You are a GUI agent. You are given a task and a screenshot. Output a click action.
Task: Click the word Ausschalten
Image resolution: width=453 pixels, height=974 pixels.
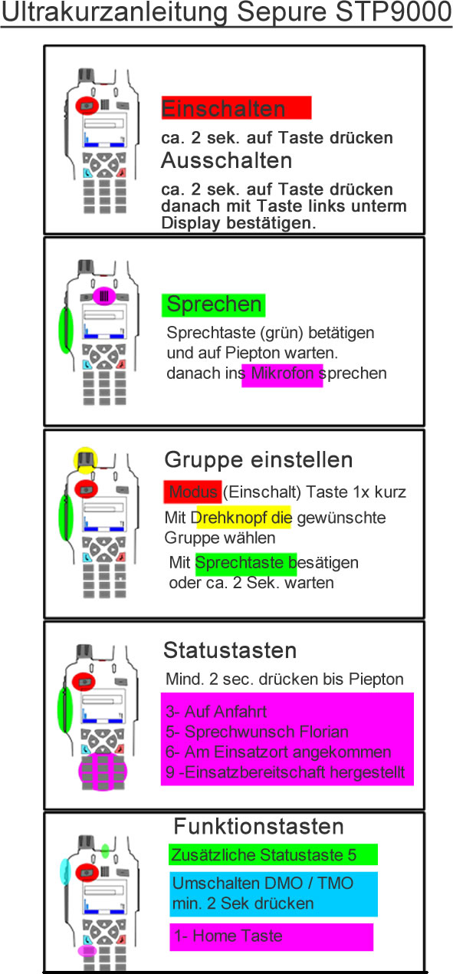[x=227, y=160]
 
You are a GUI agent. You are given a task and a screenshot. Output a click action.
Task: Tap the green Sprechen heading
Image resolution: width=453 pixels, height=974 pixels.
[x=213, y=304]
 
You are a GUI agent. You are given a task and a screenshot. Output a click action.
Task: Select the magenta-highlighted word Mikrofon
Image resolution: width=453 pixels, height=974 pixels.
[x=282, y=373]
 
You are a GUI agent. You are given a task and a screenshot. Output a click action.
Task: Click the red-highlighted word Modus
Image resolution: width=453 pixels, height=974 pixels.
[x=193, y=492]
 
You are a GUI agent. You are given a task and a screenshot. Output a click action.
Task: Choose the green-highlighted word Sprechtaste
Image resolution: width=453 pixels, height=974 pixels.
[x=241, y=563]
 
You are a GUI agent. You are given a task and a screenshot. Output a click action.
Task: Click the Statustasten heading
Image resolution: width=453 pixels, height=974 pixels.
[x=230, y=650]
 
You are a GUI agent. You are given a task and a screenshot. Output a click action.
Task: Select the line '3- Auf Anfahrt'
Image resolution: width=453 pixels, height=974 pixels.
[x=216, y=712]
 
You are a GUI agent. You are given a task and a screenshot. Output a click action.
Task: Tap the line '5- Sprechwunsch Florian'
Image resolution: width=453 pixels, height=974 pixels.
[x=257, y=732]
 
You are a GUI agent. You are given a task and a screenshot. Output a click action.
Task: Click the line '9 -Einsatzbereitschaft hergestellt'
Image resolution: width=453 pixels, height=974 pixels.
[x=285, y=772]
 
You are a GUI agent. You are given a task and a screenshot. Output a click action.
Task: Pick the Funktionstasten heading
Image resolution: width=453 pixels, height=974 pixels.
[x=258, y=826]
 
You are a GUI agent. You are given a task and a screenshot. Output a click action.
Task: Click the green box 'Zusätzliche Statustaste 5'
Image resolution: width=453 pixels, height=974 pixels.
[x=273, y=855]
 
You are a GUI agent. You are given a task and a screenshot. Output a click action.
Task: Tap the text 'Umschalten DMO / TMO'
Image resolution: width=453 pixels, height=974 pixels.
[x=263, y=884]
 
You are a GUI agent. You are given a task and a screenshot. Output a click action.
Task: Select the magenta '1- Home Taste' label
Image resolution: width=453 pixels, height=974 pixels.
[x=271, y=936]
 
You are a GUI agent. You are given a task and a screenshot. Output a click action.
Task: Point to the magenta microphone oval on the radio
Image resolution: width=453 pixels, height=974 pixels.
[x=104, y=296]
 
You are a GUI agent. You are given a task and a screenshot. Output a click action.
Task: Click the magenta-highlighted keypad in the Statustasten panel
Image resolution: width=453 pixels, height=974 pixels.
[x=103, y=772]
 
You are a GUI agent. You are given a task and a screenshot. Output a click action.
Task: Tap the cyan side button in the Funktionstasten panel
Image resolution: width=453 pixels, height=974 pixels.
[x=65, y=872]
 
